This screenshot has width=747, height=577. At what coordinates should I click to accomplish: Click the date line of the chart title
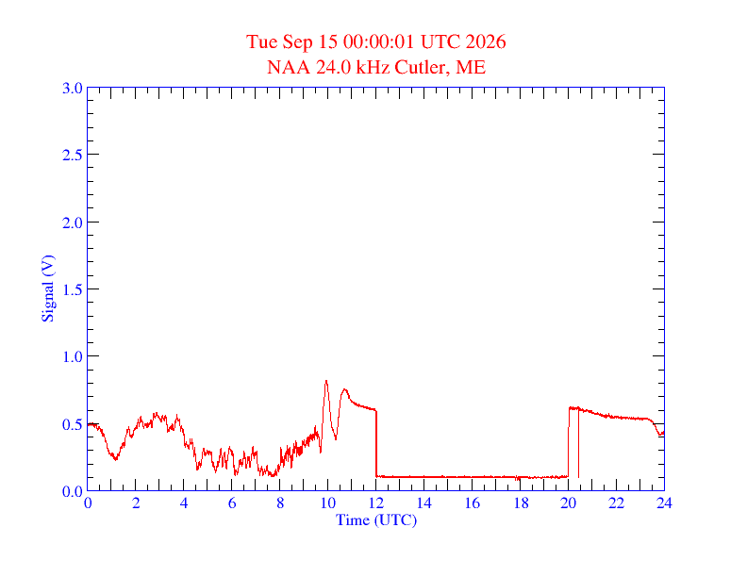375,41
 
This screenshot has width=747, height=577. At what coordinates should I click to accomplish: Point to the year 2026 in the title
486,41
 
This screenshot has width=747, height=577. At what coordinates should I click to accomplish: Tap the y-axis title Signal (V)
48,288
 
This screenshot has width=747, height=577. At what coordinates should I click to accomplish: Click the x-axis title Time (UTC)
376,519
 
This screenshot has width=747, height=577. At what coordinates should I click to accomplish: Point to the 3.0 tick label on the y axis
72,88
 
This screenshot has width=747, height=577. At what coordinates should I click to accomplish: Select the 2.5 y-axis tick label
72,155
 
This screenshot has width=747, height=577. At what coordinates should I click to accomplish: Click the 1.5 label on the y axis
72,289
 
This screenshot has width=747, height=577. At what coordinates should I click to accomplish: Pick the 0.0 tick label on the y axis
72,491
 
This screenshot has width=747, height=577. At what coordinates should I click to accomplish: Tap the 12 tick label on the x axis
376,503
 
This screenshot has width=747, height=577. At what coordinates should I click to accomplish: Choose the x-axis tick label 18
521,503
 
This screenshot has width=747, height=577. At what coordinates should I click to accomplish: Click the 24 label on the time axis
664,503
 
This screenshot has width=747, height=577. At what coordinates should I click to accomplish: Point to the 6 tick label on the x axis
232,503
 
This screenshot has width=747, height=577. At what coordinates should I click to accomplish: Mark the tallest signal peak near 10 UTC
326,381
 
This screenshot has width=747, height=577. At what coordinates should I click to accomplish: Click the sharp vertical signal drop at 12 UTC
376,443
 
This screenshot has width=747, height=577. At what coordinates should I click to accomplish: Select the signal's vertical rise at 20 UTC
569,442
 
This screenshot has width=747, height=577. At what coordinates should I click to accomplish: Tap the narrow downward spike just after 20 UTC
578,443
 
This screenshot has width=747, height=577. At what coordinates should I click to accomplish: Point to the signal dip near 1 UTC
115,458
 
